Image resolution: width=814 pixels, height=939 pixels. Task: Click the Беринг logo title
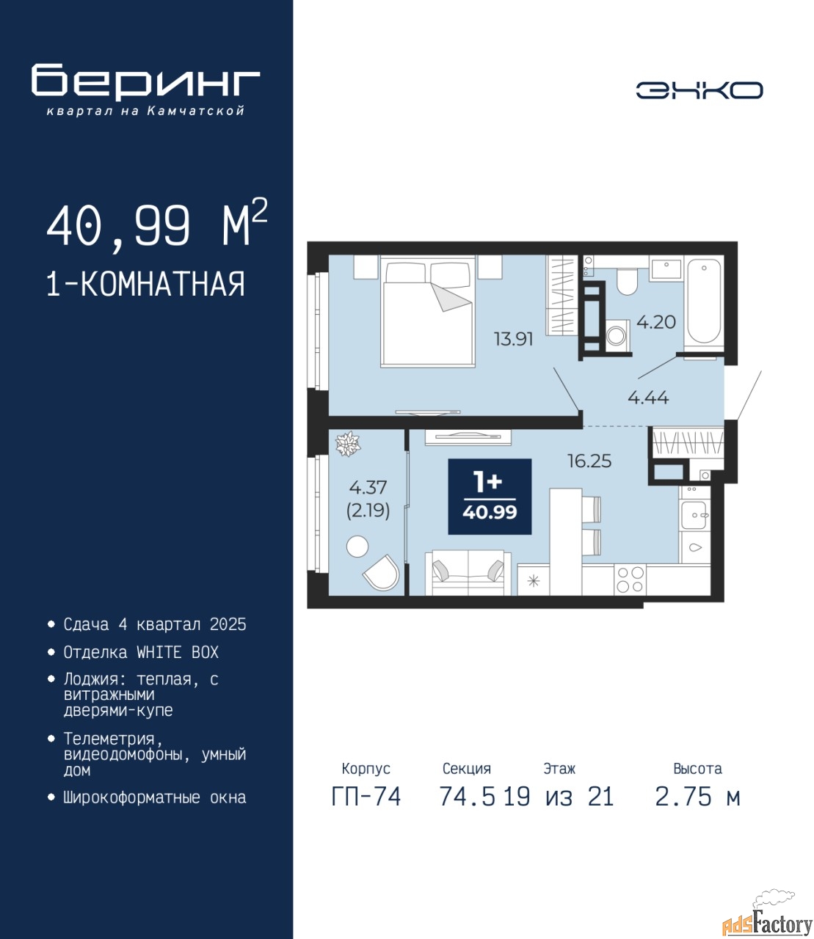(x=145, y=82)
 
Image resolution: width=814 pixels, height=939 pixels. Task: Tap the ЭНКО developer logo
(x=699, y=90)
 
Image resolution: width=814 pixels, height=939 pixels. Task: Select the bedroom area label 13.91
(x=514, y=339)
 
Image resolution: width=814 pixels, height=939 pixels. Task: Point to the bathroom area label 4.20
(x=656, y=322)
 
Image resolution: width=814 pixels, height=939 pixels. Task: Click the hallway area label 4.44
(x=648, y=398)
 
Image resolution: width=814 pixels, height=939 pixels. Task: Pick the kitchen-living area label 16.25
(x=589, y=461)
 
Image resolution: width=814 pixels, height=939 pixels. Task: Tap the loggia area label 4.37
(x=368, y=487)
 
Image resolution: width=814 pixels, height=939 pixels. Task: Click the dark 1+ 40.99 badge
(x=490, y=497)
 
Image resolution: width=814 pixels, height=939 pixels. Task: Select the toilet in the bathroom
(x=628, y=281)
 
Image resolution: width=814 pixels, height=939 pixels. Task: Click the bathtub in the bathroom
(x=704, y=302)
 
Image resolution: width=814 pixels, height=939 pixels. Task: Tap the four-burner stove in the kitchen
(x=630, y=580)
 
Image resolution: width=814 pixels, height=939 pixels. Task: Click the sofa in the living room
(x=468, y=572)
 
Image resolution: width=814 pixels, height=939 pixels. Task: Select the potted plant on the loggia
(x=348, y=444)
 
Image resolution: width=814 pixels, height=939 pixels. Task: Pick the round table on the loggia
(x=357, y=547)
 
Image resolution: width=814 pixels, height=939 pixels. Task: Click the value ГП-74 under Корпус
(x=366, y=797)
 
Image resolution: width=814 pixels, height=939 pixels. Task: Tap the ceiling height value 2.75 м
(x=697, y=797)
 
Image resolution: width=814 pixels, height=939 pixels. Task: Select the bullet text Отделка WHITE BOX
(x=141, y=652)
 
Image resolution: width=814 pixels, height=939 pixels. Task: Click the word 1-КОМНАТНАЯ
(x=146, y=284)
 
